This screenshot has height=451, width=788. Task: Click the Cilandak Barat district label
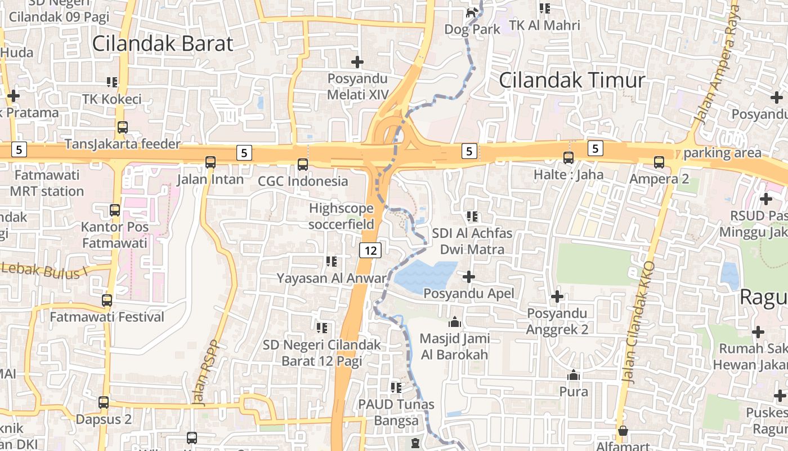(x=162, y=43)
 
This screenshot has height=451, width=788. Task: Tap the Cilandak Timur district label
(x=571, y=80)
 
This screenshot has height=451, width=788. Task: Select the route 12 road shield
(x=370, y=250)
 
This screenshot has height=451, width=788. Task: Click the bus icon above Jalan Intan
(x=211, y=162)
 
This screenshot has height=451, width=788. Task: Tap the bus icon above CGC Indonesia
(x=303, y=164)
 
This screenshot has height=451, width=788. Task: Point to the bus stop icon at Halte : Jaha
(x=568, y=157)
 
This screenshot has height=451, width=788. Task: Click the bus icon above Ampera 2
(x=659, y=162)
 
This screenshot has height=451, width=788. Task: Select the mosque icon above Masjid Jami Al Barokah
(x=454, y=322)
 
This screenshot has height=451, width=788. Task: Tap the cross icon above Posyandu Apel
(x=468, y=276)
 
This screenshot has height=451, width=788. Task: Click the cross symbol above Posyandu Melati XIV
(x=357, y=61)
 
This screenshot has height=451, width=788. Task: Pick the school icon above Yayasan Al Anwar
(x=332, y=261)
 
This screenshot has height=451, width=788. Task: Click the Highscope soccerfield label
(x=341, y=216)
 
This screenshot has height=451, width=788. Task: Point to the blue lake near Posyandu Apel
(x=425, y=277)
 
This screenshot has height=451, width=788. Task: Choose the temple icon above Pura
(x=574, y=375)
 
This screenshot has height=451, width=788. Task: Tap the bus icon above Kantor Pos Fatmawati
(x=115, y=210)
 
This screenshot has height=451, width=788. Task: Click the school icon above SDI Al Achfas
(x=472, y=216)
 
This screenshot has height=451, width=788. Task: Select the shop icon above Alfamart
(x=623, y=431)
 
